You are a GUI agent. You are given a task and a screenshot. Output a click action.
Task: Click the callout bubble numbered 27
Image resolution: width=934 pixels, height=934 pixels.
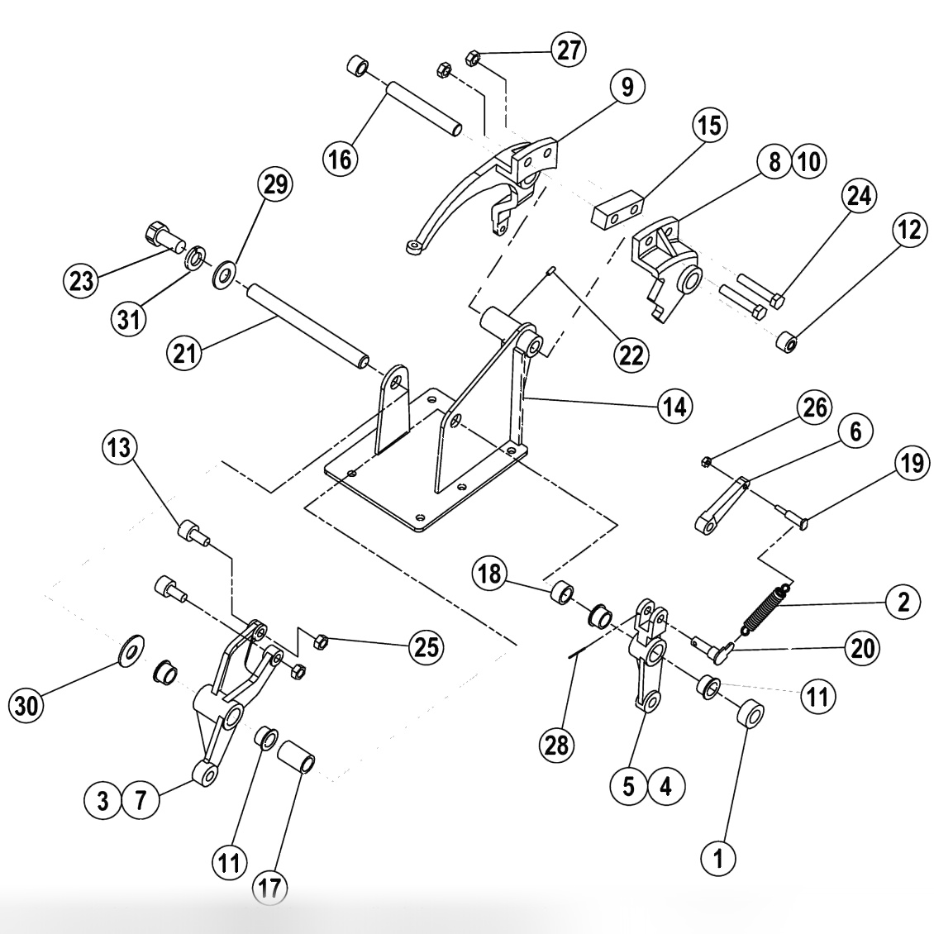[567, 50]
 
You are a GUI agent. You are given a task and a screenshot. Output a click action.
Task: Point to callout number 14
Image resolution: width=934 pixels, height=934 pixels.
[674, 405]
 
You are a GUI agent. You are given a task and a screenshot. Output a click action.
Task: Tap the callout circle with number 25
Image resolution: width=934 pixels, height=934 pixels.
[425, 646]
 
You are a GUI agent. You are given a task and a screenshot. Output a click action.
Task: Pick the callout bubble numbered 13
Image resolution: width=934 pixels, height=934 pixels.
[119, 450]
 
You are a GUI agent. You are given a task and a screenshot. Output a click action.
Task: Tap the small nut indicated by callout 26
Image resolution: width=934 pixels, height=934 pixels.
[707, 460]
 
